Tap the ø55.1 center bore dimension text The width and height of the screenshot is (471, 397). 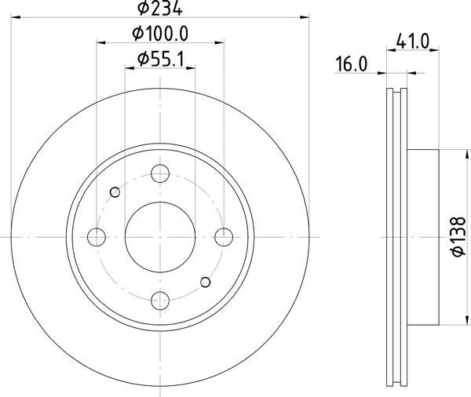pos(161,58)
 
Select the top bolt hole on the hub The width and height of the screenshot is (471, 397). pos(161,173)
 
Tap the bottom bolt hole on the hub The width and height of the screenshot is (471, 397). pos(161,300)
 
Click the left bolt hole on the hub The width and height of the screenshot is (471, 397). pos(97,236)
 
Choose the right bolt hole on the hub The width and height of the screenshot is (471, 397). pos(225,236)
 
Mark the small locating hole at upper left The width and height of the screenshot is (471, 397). pos(115,191)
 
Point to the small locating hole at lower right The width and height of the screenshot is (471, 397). pos(206,282)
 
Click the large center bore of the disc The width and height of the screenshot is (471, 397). pos(161,236)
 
